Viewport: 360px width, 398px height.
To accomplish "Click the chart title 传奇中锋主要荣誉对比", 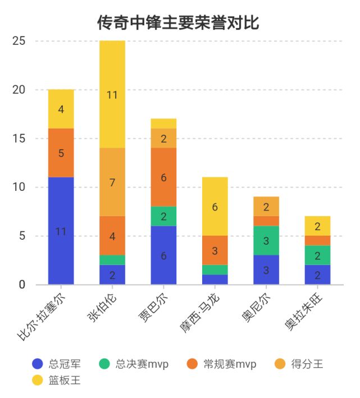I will pos(178,23).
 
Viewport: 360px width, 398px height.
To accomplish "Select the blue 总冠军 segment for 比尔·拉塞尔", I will pos(61,231).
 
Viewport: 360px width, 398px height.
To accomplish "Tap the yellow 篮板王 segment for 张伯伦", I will pos(112,94).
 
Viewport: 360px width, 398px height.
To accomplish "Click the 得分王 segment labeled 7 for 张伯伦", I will pos(112,182).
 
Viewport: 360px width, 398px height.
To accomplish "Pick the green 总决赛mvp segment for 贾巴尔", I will pos(163,216).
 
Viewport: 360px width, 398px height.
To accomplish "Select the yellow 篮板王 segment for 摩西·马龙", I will pos(215,207).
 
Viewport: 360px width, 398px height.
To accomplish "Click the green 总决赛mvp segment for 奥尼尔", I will pos(266,240).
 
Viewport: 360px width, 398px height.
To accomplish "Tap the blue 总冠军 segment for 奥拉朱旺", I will pos(317,275).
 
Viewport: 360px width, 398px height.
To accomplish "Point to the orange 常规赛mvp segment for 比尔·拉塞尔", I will pos(61,153).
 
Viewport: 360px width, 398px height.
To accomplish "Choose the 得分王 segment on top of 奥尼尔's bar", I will pos(266,206).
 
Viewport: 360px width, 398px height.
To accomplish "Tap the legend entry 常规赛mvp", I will pos(221,364).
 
